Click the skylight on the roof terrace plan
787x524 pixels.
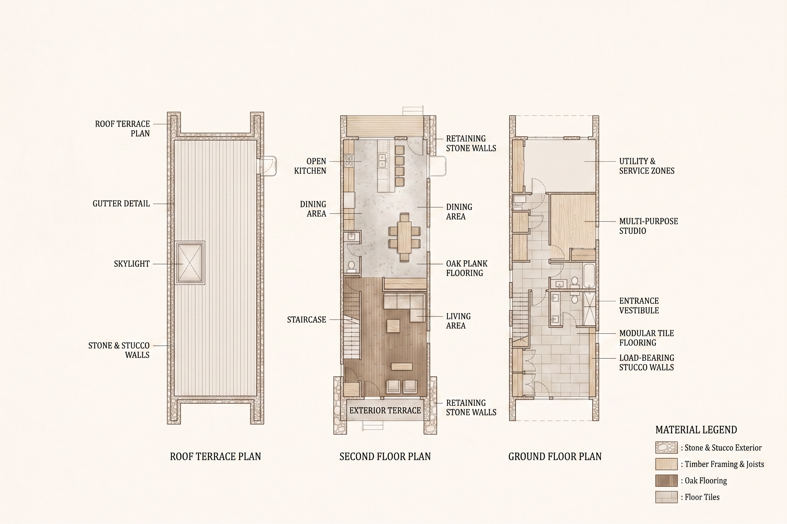pyautogui.click(x=190, y=263)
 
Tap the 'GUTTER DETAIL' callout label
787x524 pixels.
pyautogui.click(x=121, y=204)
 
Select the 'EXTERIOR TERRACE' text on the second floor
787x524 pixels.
pyautogui.click(x=385, y=410)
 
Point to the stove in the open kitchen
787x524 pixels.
pyautogui.click(x=349, y=161)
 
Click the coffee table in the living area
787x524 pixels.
pyautogui.click(x=393, y=326)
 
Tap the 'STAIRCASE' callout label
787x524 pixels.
pyautogui.click(x=307, y=320)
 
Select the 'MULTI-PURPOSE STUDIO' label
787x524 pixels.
pyautogui.click(x=648, y=226)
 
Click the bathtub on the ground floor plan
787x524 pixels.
pyautogui.click(x=589, y=276)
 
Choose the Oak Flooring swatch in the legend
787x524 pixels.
pyautogui.click(x=666, y=480)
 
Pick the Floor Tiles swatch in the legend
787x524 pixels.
pyautogui.click(x=666, y=497)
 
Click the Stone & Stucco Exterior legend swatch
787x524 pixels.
pyautogui.click(x=666, y=447)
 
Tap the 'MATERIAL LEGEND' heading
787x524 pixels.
pyautogui.click(x=696, y=430)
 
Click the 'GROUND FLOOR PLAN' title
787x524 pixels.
pyautogui.click(x=555, y=456)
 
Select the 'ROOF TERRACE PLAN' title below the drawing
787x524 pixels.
pyautogui.click(x=215, y=456)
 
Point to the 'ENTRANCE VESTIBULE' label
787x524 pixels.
pyautogui.click(x=639, y=306)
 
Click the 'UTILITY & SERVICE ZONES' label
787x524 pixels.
pyautogui.click(x=647, y=166)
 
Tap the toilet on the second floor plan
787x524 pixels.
pyautogui.click(x=351, y=265)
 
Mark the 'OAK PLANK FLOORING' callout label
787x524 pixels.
pyautogui.click(x=467, y=268)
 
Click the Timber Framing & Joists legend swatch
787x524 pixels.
pyautogui.click(x=666, y=464)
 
